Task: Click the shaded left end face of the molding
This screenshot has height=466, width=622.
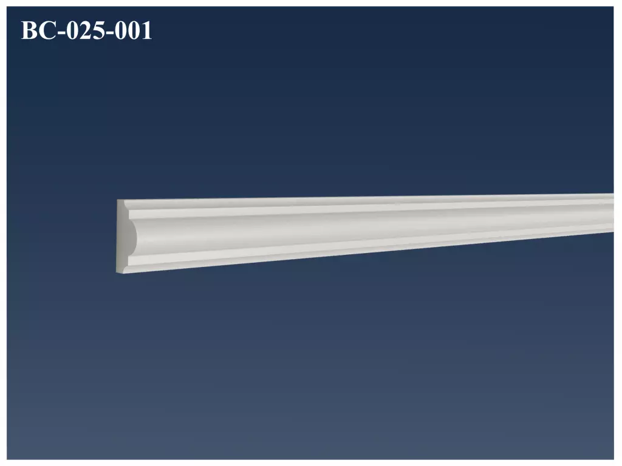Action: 122,237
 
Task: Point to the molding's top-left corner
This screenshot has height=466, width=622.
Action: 117,200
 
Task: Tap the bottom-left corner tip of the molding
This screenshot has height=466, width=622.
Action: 117,272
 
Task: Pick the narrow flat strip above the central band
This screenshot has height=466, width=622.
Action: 364,209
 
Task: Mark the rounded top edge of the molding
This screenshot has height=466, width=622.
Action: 364,200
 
